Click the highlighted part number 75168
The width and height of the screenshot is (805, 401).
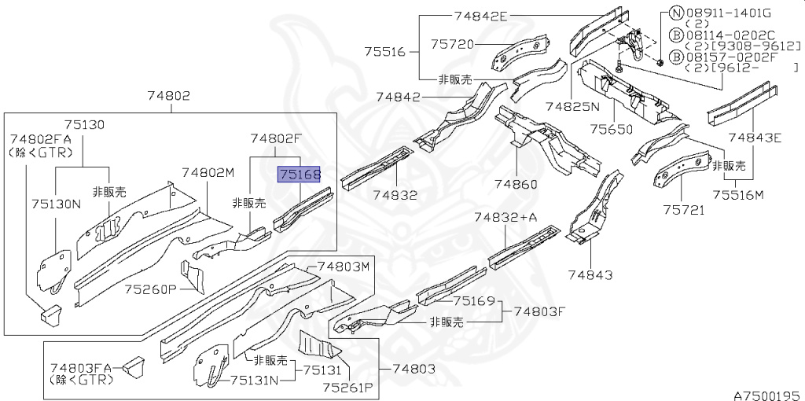297,175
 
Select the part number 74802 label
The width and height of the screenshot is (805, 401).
168,96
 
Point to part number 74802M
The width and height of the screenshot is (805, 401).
208,173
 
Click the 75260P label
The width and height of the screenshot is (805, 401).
150,289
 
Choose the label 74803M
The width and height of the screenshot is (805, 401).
344,267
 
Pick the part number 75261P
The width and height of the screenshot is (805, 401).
346,388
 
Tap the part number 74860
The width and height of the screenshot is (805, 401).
516,184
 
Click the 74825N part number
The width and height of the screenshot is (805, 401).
572,105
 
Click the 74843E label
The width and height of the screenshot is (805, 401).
755,138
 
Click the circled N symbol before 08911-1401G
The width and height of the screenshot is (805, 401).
675,13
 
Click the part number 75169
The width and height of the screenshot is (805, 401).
474,300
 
